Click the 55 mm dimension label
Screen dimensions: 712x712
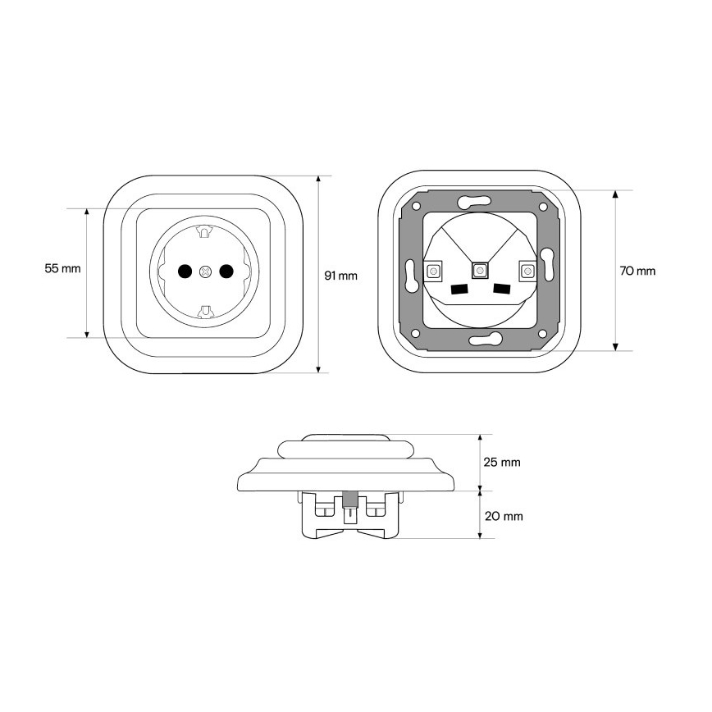click(62, 268)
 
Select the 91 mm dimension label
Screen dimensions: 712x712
click(340, 276)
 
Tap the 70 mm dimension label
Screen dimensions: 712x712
click(637, 271)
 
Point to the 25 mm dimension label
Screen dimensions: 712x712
click(502, 463)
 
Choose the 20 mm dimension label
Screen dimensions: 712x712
click(504, 516)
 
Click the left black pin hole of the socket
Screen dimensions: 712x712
click(185, 271)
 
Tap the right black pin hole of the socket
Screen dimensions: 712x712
click(226, 271)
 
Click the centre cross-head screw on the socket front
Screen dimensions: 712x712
click(206, 272)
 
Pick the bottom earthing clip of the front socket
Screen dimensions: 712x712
click(205, 311)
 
